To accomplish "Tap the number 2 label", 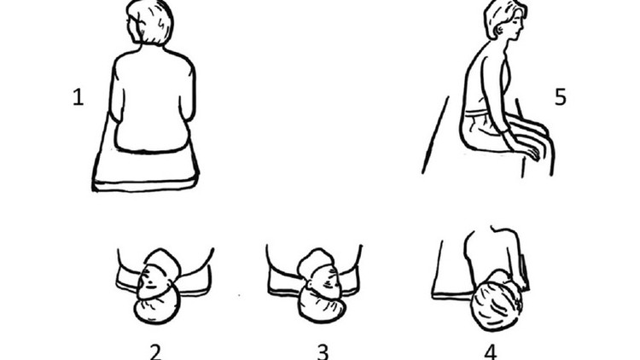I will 154,350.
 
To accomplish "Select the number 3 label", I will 322,350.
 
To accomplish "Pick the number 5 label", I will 560,97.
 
